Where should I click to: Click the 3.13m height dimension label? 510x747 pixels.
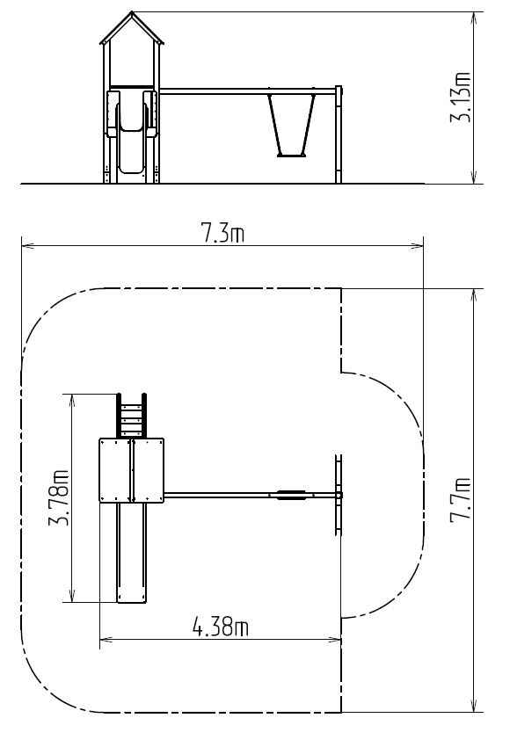click(461, 98)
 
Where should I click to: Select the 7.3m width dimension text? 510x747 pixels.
click(222, 234)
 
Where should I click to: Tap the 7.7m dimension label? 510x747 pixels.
click(461, 500)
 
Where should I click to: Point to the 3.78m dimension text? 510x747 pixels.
click(59, 497)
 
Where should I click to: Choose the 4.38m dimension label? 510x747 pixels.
click(221, 627)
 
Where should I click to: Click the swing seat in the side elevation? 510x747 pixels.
click(291, 155)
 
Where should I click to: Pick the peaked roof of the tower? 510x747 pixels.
click(132, 28)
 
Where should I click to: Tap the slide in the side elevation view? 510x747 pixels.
click(131, 131)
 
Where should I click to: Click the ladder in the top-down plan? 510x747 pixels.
click(132, 416)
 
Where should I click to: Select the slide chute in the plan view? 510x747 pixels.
click(132, 553)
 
